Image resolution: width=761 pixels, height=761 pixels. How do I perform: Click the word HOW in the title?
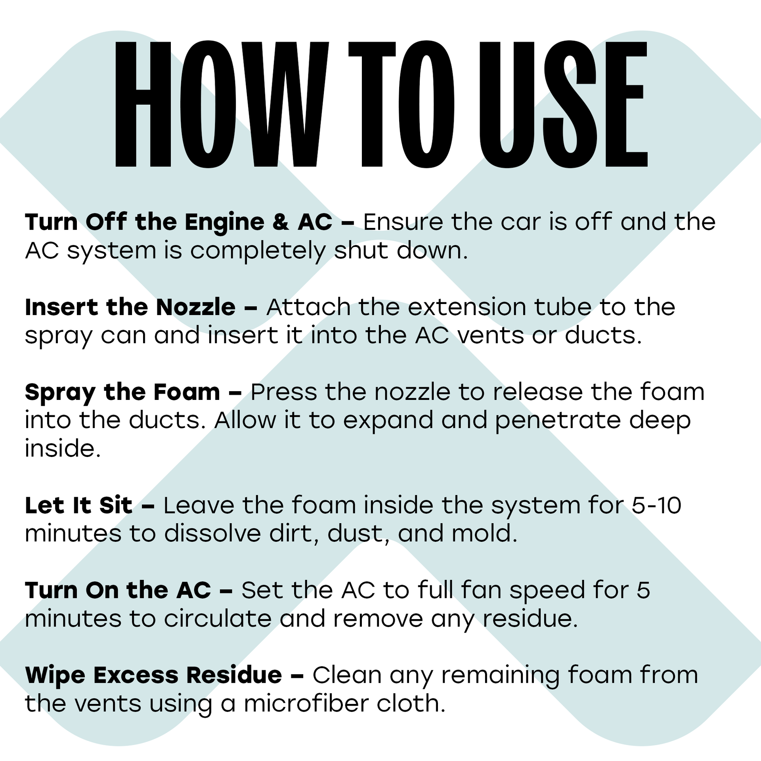[222, 103]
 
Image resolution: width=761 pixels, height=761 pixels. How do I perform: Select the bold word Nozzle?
[196, 307]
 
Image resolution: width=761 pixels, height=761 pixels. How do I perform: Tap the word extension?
[467, 307]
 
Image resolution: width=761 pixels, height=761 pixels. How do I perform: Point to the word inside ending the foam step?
[63, 449]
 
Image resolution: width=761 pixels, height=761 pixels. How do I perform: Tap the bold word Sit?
[116, 505]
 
